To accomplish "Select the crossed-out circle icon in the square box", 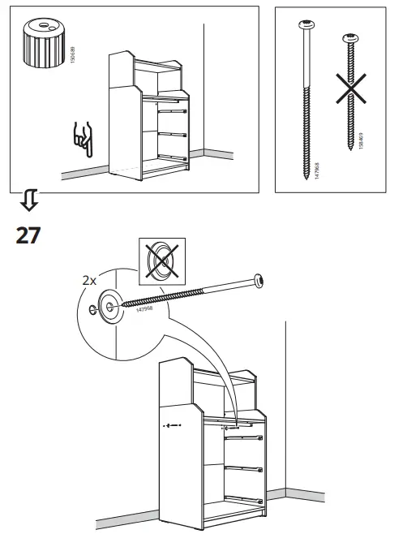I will (x=162, y=262).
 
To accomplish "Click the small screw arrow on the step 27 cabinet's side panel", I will (x=170, y=424).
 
